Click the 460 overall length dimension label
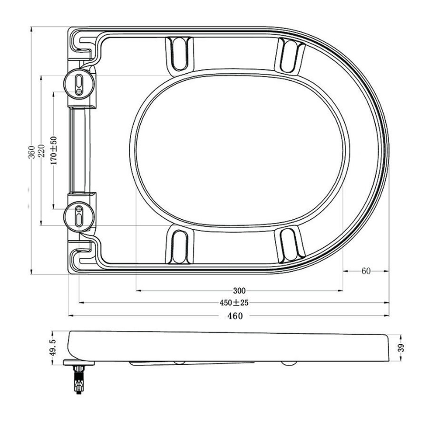pyautogui.click(x=234, y=316)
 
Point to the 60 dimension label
pyautogui.click(x=366, y=271)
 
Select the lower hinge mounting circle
pyautogui.click(x=78, y=216)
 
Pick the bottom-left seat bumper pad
pyautogui.click(x=179, y=244)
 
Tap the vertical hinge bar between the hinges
pyautogui.click(x=78, y=150)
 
